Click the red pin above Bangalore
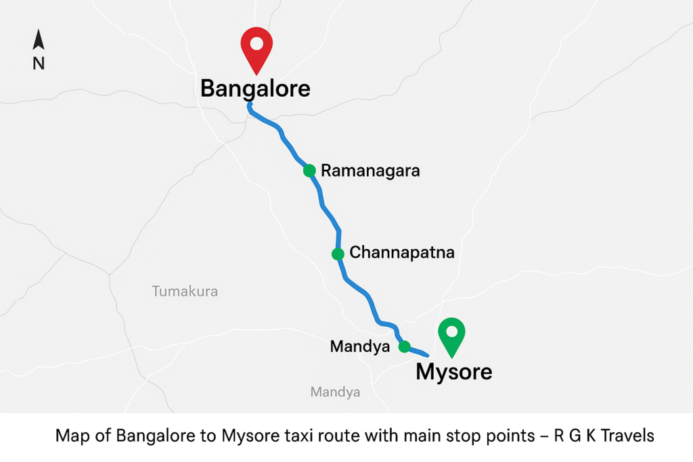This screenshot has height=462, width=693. click(256, 49)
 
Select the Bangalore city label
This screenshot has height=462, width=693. click(255, 89)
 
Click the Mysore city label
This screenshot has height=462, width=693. click(453, 371)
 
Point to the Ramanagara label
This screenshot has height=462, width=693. click(370, 170)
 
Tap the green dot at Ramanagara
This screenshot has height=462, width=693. click(309, 170)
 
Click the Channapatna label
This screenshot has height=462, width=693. click(401, 254)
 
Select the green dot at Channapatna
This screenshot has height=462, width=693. click(337, 254)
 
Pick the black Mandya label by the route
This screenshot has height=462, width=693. click(360, 347)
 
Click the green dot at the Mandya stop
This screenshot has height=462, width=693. click(404, 347)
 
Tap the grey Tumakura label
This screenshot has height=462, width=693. click(185, 292)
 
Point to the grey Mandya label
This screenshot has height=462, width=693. click(335, 392)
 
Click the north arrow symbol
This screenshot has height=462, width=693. click(39, 40)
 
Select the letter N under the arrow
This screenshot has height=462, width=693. click(39, 64)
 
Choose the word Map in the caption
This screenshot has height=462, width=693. click(70, 436)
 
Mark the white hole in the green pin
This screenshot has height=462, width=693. click(451, 331)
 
